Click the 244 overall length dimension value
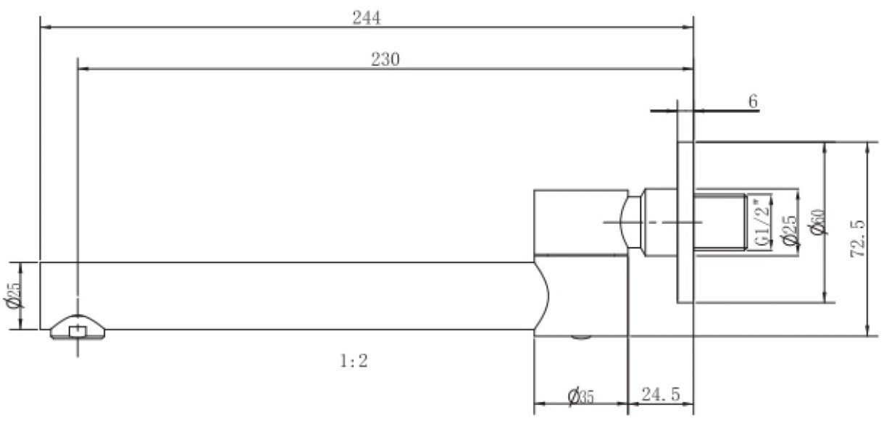click(x=367, y=18)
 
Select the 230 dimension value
click(x=385, y=59)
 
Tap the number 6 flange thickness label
click(x=753, y=101)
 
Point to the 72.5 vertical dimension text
click(x=858, y=238)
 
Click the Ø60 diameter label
click(x=817, y=222)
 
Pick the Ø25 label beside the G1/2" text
click(x=789, y=230)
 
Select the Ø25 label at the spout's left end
click(x=14, y=295)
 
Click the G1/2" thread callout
click(x=762, y=222)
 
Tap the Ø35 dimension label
click(x=580, y=396)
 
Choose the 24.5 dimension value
click(x=661, y=394)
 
